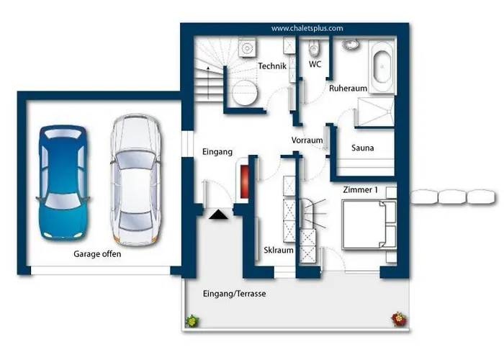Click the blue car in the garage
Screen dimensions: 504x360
(x=63, y=183)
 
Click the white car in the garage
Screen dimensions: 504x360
(x=135, y=179)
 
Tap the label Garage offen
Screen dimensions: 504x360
(x=97, y=254)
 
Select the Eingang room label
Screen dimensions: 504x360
(x=217, y=152)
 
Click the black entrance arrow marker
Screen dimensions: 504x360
(x=218, y=215)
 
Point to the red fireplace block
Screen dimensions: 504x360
(x=245, y=181)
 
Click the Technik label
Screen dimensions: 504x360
(x=272, y=66)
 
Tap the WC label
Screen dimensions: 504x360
(x=315, y=64)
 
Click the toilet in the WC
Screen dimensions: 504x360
(x=313, y=48)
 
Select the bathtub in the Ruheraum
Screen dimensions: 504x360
(x=382, y=67)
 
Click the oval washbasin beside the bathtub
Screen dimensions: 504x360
(x=350, y=44)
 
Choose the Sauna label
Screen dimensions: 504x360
(x=363, y=148)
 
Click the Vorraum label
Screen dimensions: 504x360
(x=307, y=140)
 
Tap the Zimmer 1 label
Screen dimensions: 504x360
(x=360, y=189)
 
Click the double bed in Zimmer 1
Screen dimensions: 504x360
(x=369, y=225)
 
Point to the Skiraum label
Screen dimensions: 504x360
(x=279, y=250)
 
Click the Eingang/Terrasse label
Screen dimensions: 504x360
(x=234, y=294)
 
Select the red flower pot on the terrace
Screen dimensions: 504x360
(x=399, y=319)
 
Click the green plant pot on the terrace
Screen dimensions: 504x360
(x=192, y=321)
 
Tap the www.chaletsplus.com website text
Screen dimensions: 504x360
(x=307, y=28)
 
